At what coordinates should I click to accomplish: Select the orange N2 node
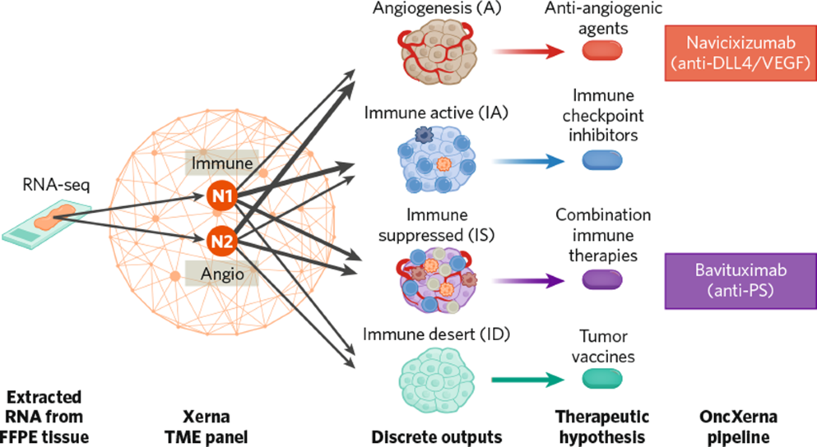(x=221, y=239)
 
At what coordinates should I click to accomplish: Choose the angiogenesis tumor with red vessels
(x=436, y=52)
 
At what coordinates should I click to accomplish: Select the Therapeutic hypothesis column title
(x=602, y=426)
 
